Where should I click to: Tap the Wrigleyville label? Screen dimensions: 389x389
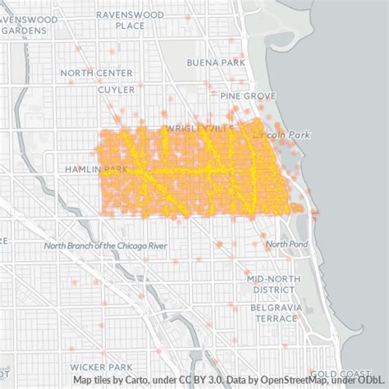(199, 129)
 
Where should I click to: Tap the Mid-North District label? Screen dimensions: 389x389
(273, 284)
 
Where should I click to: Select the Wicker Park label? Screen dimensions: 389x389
(102, 366)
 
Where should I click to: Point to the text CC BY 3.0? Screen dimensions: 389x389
(206, 380)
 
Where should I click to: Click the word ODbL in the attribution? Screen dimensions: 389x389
(373, 380)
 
